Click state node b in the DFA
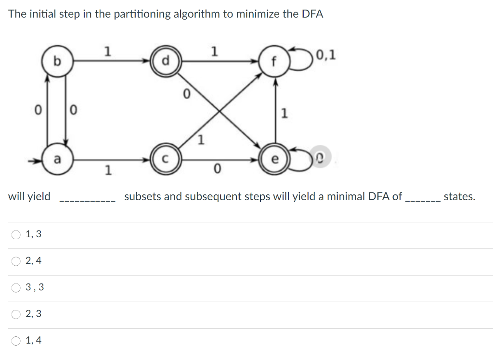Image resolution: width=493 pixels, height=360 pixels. [x=57, y=62]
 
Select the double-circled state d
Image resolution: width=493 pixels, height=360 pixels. [x=166, y=62]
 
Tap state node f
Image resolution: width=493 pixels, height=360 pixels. [x=274, y=62]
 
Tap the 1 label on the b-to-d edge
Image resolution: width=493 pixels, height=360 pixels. [x=108, y=51]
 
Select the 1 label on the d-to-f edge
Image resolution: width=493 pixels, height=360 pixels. [x=215, y=51]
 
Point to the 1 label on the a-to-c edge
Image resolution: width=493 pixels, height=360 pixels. [x=108, y=170]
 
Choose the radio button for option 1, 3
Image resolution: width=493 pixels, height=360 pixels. [x=17, y=235]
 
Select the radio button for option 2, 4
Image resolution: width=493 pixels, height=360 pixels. [x=17, y=261]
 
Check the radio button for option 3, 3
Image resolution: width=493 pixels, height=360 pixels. [x=17, y=288]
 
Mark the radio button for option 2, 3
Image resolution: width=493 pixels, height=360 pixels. [x=17, y=314]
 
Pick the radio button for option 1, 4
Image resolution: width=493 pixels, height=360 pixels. [x=17, y=341]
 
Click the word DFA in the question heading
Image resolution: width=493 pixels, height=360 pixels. [x=312, y=14]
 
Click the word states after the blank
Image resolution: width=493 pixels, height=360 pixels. [x=459, y=196]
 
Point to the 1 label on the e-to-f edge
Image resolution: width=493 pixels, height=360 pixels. [x=285, y=114]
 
